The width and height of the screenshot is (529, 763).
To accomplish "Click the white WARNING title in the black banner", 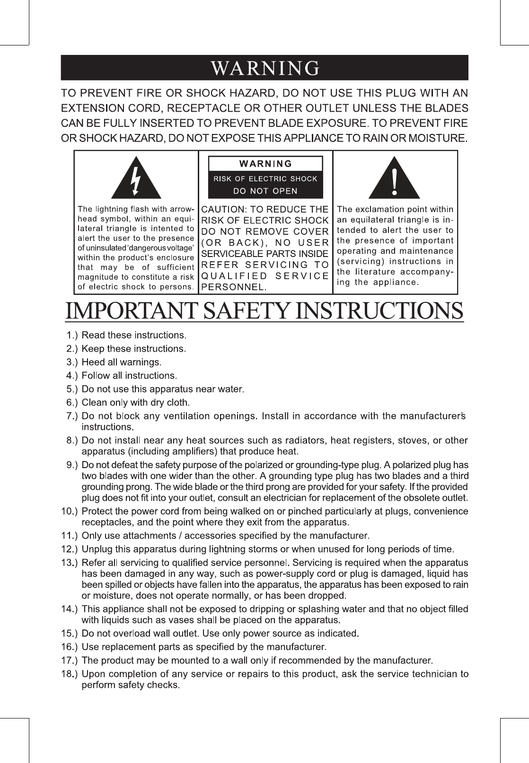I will [x=265, y=68].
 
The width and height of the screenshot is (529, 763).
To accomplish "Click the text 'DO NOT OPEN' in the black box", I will [x=265, y=191].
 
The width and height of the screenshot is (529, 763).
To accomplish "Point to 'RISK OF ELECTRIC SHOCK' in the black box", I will [x=265, y=179].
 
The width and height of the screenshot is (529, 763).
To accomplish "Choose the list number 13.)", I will [x=69, y=563].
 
